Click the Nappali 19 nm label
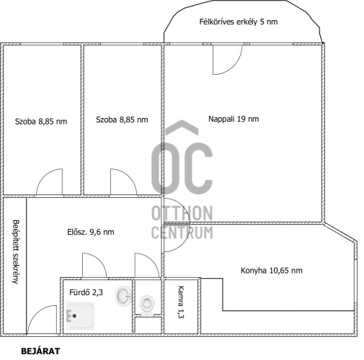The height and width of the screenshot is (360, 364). (234, 119)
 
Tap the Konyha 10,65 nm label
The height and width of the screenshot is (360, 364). (272, 271)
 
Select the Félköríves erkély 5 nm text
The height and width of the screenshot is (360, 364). (239, 22)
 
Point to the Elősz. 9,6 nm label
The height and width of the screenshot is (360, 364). (91, 232)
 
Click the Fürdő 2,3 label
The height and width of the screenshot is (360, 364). (86, 292)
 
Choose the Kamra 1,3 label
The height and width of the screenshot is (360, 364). (181, 302)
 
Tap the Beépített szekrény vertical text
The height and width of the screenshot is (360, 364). (15, 252)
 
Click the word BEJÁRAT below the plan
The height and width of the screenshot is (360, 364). (40, 351)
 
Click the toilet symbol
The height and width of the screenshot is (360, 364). (146, 305)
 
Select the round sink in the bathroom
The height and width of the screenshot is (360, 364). (123, 296)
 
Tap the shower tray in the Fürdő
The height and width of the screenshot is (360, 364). (80, 315)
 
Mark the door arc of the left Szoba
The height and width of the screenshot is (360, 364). (43, 176)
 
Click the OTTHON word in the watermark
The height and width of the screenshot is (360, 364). (182, 213)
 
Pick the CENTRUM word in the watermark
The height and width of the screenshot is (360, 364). (182, 233)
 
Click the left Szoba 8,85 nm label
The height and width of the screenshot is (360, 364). (41, 122)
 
